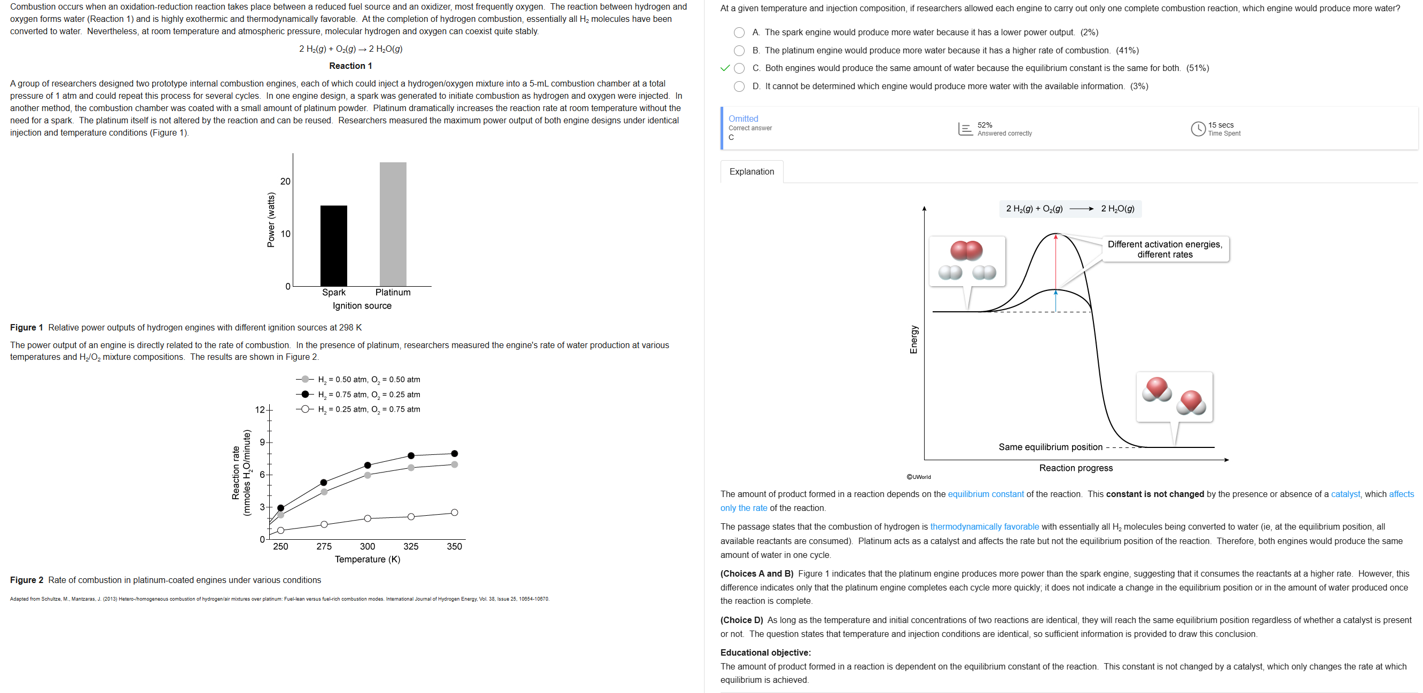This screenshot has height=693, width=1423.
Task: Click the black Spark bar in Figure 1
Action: click(x=334, y=246)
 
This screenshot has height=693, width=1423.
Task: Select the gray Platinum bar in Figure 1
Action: click(x=393, y=224)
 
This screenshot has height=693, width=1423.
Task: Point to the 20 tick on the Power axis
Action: click(x=285, y=181)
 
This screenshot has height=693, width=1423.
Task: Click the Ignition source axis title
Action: click(x=362, y=306)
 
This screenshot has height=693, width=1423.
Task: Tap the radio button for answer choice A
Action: click(x=739, y=33)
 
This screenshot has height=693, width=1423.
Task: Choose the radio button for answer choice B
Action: click(x=739, y=51)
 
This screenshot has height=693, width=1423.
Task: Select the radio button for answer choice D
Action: click(x=739, y=86)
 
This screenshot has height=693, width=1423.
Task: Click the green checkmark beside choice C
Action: click(x=725, y=68)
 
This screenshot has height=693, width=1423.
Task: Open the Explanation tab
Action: click(x=751, y=172)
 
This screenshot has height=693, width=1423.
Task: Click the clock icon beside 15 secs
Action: click(x=1198, y=129)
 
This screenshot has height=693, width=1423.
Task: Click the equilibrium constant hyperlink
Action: click(x=986, y=494)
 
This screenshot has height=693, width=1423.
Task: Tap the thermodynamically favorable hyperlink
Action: click(x=984, y=527)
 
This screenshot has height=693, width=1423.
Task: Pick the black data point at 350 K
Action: click(x=454, y=453)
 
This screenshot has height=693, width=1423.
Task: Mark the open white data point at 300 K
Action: click(x=368, y=518)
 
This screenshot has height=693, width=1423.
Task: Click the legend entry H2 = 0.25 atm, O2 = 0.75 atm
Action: click(x=369, y=409)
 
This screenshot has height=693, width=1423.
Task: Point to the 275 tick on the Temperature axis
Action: click(x=324, y=546)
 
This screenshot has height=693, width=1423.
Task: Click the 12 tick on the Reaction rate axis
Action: click(x=260, y=409)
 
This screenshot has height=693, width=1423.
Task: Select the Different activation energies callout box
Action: click(x=1164, y=249)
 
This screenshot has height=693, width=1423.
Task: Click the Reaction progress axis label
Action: click(x=1076, y=468)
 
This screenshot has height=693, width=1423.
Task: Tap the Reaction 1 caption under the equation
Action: click(x=350, y=66)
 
